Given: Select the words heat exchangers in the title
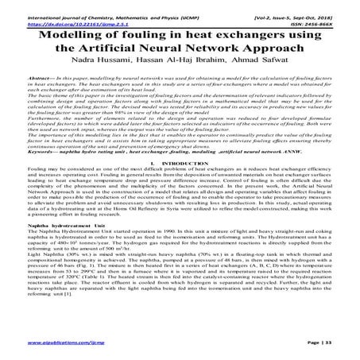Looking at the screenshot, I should (238, 32).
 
